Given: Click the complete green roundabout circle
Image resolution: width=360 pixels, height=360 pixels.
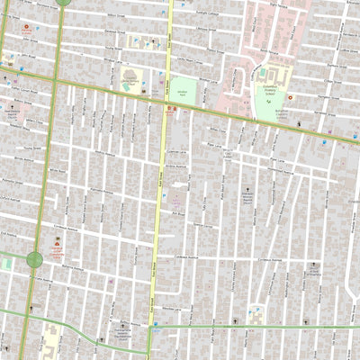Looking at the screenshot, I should [x=35, y=260].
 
